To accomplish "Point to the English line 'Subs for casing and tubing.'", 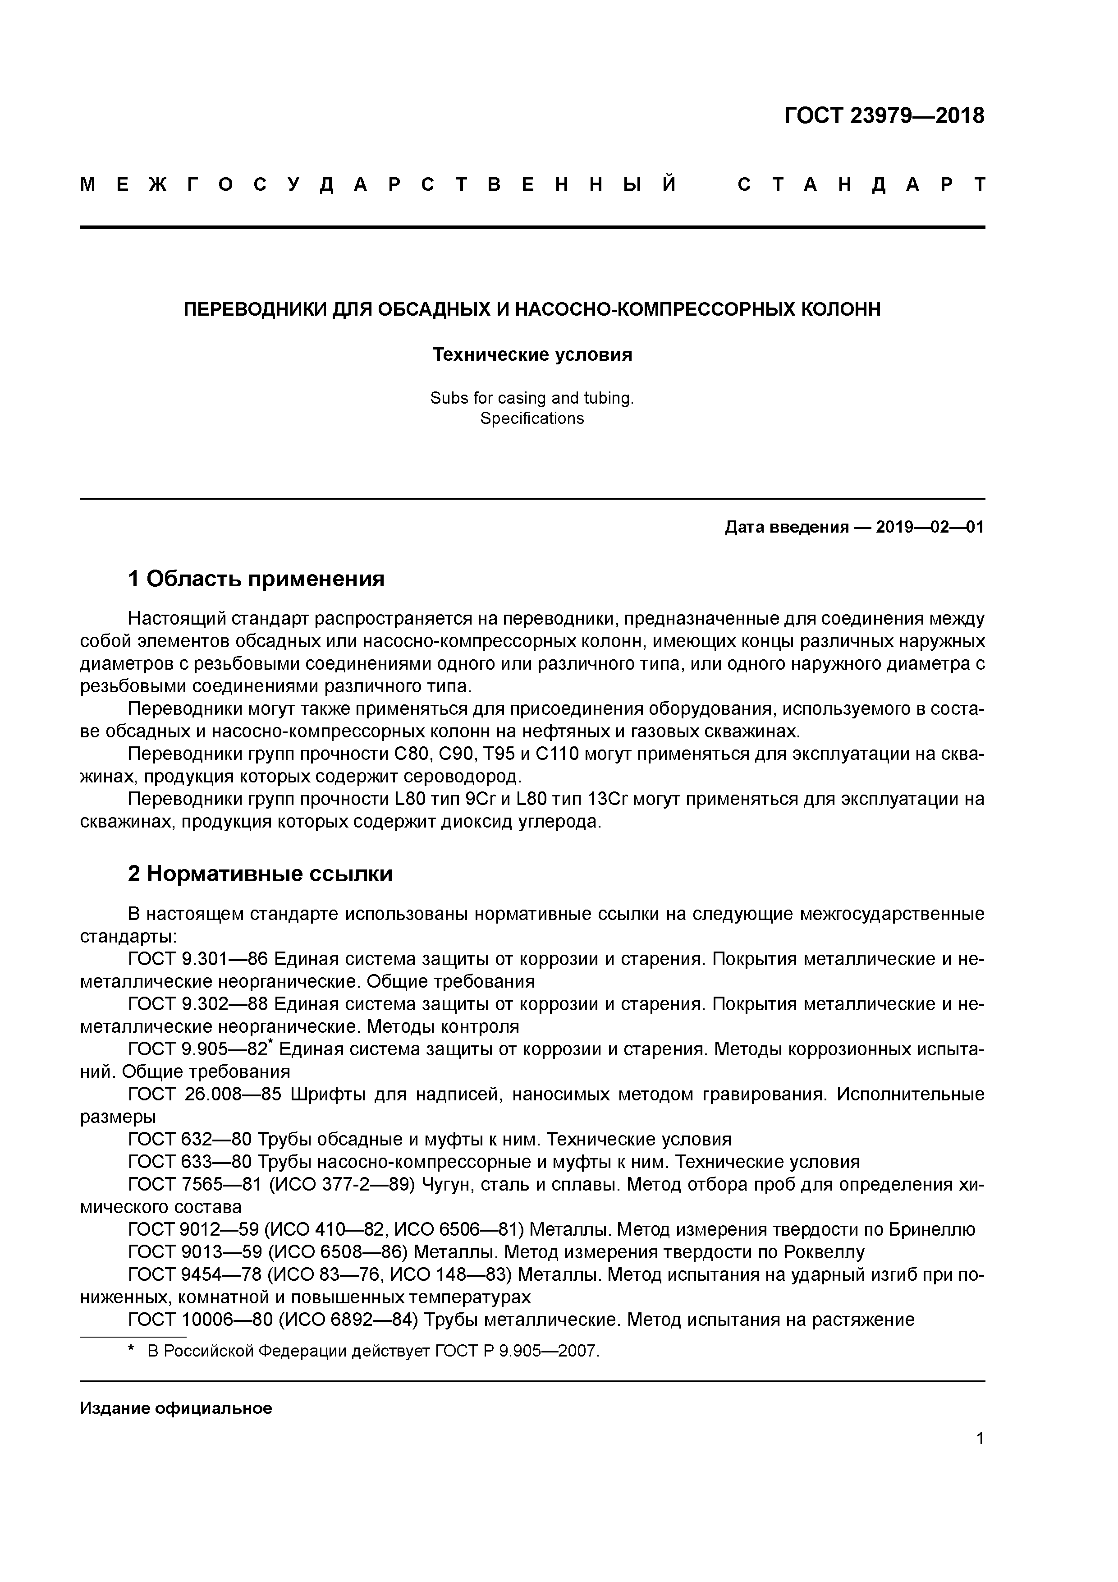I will [x=532, y=398].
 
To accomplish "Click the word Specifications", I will [x=532, y=418].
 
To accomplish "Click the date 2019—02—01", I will [x=930, y=527].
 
